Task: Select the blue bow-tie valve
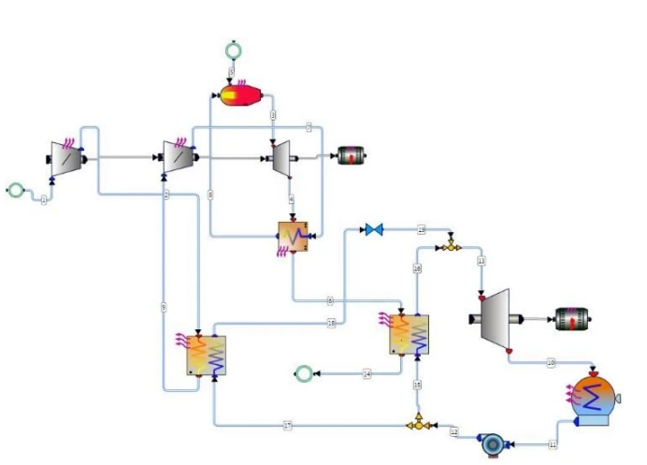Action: (x=374, y=229)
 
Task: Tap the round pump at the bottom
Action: (x=491, y=443)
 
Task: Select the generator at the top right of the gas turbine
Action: (x=351, y=156)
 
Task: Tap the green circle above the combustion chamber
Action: (x=233, y=50)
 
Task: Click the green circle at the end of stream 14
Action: (x=303, y=374)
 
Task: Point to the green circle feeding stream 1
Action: (x=15, y=190)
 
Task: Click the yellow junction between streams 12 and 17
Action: (x=418, y=425)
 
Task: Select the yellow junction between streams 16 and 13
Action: (x=450, y=245)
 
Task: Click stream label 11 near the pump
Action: (x=553, y=443)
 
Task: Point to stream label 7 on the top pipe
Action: (x=309, y=127)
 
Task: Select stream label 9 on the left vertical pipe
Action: (x=163, y=308)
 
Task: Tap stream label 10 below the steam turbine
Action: (x=551, y=361)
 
